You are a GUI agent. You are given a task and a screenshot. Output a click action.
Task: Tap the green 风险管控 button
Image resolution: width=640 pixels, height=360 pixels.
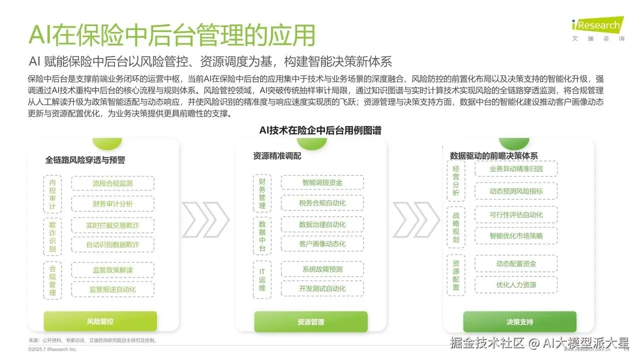100,321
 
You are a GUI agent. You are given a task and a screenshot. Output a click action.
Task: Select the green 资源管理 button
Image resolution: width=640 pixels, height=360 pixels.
310,321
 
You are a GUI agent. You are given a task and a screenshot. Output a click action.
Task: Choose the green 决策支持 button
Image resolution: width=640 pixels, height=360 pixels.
519,321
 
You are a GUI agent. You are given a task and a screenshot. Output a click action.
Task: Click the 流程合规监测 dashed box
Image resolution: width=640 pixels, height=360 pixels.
112,183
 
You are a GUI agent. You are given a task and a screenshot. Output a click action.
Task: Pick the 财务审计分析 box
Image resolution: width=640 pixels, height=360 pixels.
112,204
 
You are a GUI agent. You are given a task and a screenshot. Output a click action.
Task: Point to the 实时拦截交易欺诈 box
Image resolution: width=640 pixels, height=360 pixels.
112,225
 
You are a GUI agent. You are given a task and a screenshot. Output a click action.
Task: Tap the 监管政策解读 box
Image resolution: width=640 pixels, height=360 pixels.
112,270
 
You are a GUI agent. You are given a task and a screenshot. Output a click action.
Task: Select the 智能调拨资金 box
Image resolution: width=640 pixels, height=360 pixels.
322,182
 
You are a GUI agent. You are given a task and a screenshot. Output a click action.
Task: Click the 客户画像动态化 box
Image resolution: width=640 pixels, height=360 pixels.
322,244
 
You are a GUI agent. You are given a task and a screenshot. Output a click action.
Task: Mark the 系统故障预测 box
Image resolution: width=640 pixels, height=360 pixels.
322,269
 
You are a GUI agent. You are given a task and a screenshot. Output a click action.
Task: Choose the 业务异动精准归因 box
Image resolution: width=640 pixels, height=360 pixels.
516,169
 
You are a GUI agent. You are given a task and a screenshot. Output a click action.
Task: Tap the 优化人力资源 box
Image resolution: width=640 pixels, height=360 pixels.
516,284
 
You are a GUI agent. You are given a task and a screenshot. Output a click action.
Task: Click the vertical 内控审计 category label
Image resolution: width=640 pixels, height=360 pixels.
52,195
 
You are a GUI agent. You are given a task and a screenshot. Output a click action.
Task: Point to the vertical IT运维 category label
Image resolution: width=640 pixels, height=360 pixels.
262,278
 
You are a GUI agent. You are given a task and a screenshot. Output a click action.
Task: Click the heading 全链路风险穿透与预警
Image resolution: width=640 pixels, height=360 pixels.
85,160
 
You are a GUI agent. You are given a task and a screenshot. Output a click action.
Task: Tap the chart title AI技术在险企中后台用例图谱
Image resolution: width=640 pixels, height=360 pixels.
320,130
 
